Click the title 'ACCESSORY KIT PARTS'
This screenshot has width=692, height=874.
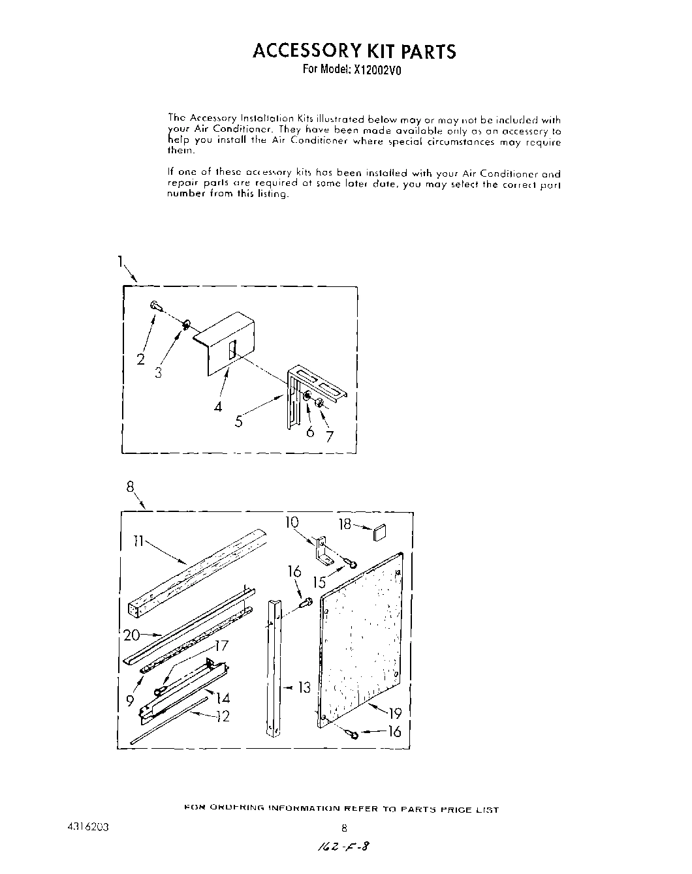pyautogui.click(x=354, y=51)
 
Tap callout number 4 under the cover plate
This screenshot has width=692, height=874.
pyautogui.click(x=217, y=406)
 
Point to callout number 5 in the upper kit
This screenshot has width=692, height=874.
pyautogui.click(x=239, y=421)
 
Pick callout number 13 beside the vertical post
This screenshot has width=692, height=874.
pyautogui.click(x=305, y=687)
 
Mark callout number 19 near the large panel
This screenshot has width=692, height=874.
pyautogui.click(x=395, y=713)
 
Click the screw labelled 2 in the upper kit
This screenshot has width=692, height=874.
pyautogui.click(x=155, y=305)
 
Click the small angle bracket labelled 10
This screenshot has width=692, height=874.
pyautogui.click(x=322, y=549)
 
